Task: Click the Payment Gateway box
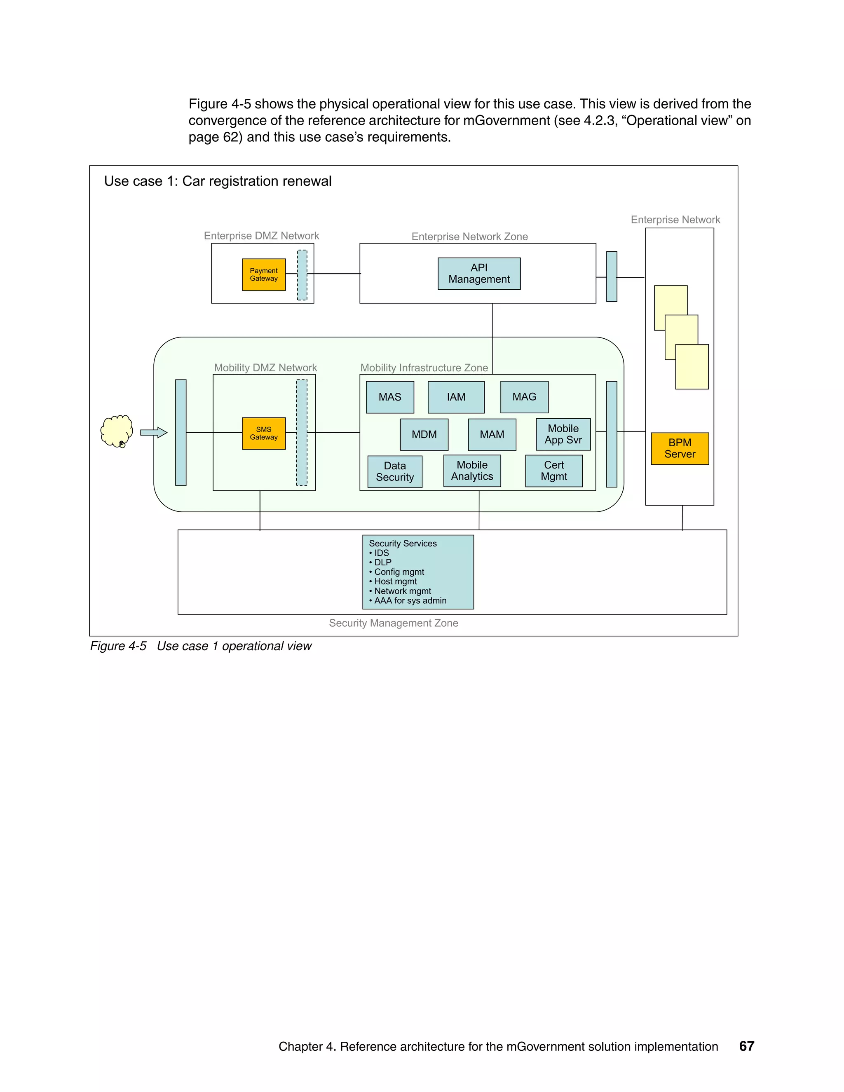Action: [x=263, y=274]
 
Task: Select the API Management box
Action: [x=479, y=274]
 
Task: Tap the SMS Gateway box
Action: [x=263, y=433]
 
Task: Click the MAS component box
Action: [x=390, y=397]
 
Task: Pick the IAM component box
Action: [x=456, y=397]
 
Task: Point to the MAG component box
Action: [x=524, y=396]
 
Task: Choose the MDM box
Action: [x=424, y=434]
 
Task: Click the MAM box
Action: [x=492, y=434]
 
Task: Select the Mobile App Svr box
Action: [x=563, y=434]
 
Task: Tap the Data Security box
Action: [x=394, y=471]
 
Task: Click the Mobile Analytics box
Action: [x=472, y=471]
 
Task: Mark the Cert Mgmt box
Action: [x=553, y=471]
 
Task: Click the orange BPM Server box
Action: [x=680, y=448]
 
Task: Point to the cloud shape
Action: [x=117, y=430]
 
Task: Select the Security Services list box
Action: [x=417, y=572]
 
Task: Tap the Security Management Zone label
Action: [x=394, y=623]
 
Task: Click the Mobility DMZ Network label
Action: [x=265, y=368]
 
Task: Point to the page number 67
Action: [x=746, y=1046]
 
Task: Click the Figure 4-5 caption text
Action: [x=201, y=646]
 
